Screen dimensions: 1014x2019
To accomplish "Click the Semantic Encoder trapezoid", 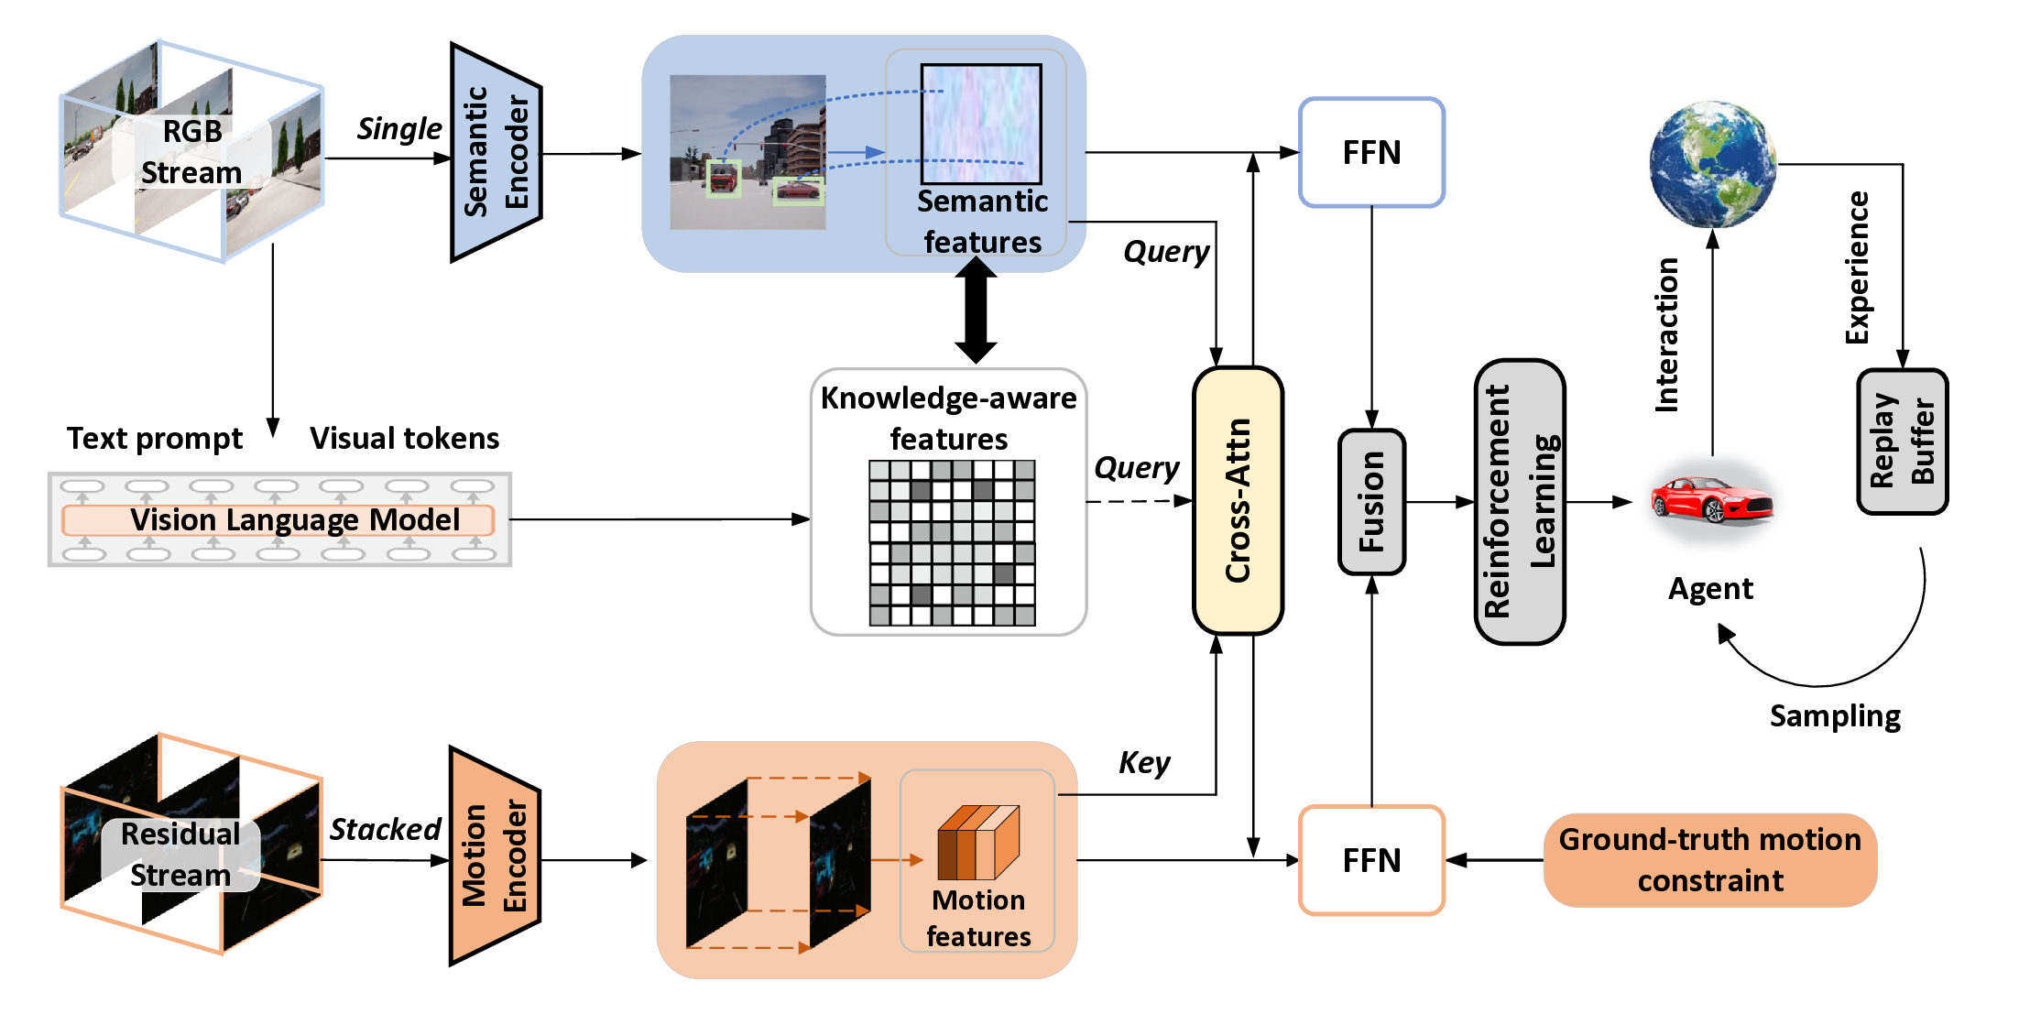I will (x=496, y=152).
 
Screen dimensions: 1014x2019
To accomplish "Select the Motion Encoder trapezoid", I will (x=494, y=856).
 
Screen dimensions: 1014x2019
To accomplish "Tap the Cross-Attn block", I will (x=1238, y=500).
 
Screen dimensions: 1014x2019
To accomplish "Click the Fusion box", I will (x=1371, y=502).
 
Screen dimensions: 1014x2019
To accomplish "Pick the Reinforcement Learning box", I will (x=1520, y=502).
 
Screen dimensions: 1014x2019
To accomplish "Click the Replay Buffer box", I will (x=1902, y=442).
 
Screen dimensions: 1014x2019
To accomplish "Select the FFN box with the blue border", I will (x=1371, y=152).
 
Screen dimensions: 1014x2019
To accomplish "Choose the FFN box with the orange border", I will (x=1371, y=860).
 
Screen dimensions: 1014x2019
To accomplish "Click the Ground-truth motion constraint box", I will (x=1709, y=860).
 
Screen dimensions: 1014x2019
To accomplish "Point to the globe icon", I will (x=1712, y=164).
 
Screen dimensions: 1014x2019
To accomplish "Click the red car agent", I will (x=1711, y=500).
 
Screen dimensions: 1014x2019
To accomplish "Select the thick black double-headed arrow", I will (x=976, y=311).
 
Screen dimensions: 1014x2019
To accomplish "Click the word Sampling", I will (x=1834, y=715).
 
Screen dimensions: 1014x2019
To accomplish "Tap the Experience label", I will (x=1856, y=267).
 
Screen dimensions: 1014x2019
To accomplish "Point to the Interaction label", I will (x=1667, y=335).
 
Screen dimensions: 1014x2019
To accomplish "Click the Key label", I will (x=1144, y=762).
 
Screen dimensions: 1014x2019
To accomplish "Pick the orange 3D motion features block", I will (x=977, y=842).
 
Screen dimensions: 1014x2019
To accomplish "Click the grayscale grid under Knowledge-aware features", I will (x=952, y=543).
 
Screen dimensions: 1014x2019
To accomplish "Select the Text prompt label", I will (x=155, y=439).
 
